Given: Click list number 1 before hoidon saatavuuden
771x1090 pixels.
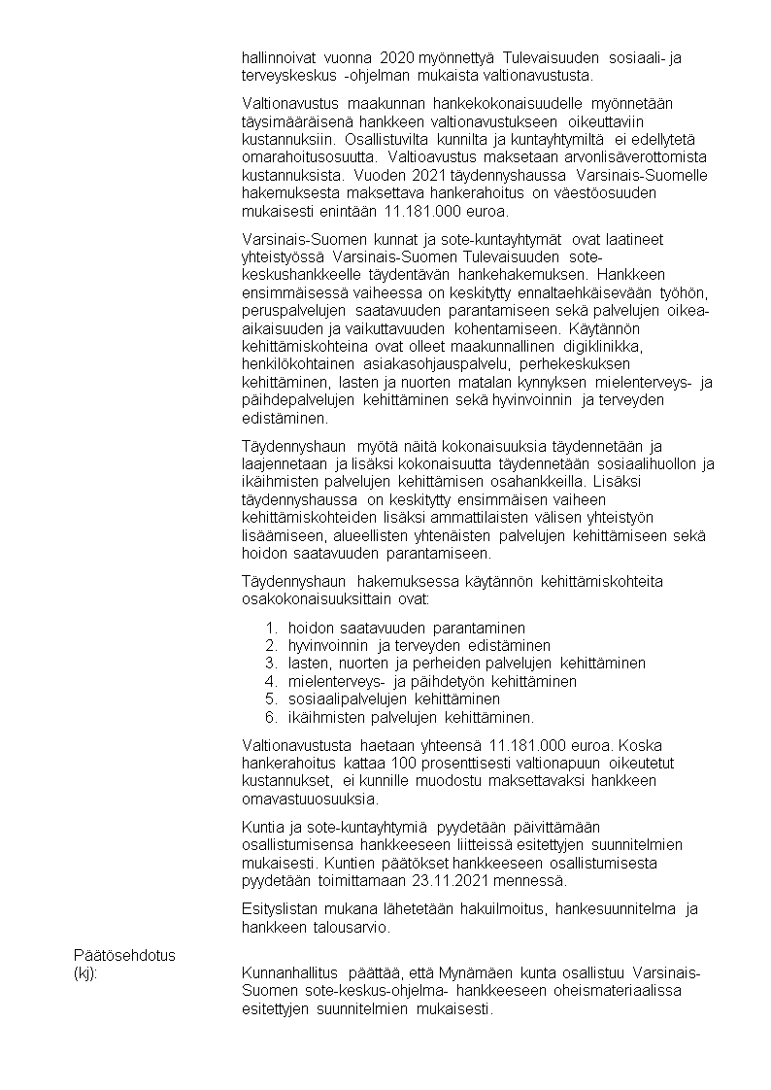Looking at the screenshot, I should [271, 629].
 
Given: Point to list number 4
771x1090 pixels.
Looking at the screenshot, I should [271, 682].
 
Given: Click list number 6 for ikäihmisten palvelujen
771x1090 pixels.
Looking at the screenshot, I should [271, 718].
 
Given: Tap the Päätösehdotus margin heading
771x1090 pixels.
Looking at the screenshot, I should [125, 956].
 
